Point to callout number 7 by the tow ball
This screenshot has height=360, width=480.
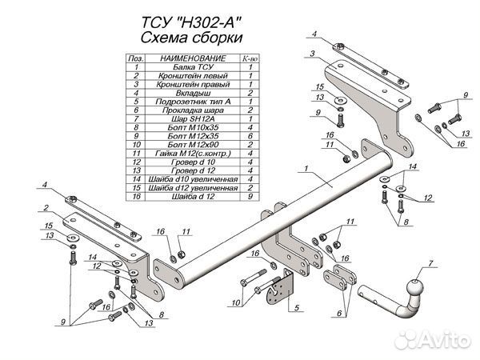(x=431, y=263)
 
